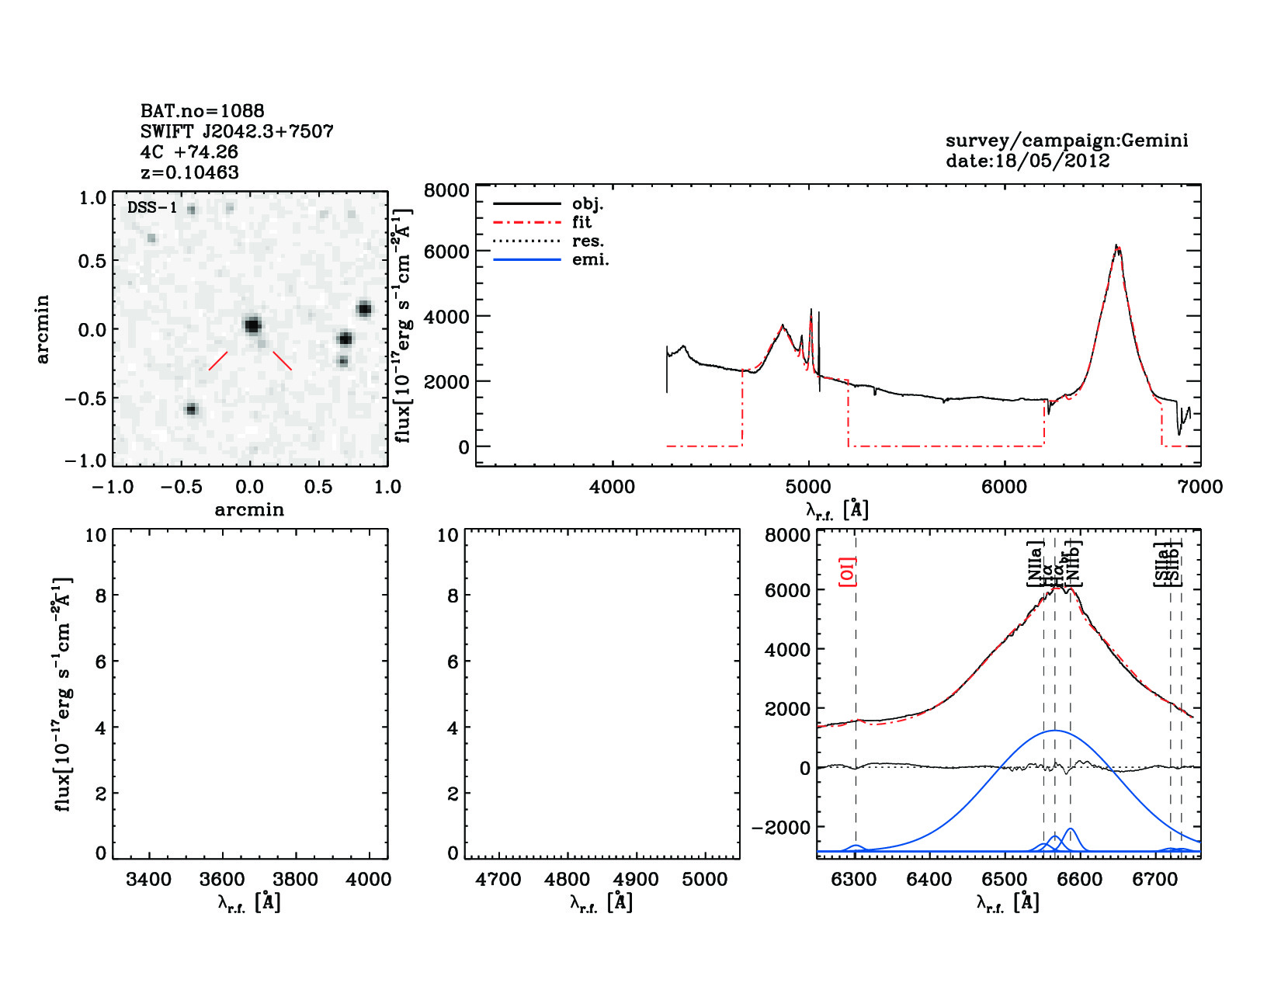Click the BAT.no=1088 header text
[x=202, y=111]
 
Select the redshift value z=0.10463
[x=189, y=172]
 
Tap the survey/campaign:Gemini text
[x=1066, y=141]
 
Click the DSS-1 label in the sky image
[x=152, y=208]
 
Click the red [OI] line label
[x=848, y=571]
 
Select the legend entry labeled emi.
[x=590, y=259]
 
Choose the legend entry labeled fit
[x=581, y=222]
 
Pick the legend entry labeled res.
[x=588, y=241]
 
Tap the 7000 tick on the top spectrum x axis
[x=1200, y=487]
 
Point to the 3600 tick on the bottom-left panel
[x=222, y=880]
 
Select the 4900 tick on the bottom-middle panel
[x=636, y=880]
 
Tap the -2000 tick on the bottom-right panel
[x=781, y=828]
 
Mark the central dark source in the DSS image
[x=252, y=325]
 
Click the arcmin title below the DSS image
[x=249, y=510]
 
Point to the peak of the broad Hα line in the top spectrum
[x=1116, y=247]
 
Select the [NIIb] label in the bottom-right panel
[x=1074, y=563]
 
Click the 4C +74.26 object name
[x=189, y=152]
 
